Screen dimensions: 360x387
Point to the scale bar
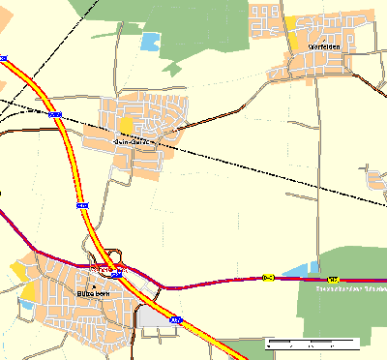[x=312, y=343]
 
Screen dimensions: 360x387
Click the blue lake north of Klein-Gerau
[x=150, y=41]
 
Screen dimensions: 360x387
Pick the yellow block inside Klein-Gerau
[x=128, y=125]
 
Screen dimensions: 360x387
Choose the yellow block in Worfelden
[x=291, y=22]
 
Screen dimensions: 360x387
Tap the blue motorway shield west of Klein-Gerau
[x=55, y=114]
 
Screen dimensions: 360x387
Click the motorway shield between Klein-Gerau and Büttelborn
[x=82, y=205]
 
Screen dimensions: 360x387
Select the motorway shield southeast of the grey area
[x=175, y=317]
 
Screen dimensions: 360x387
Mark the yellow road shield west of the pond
[x=268, y=278]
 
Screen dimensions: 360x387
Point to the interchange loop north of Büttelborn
[x=113, y=256]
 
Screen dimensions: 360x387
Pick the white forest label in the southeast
[x=350, y=287]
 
